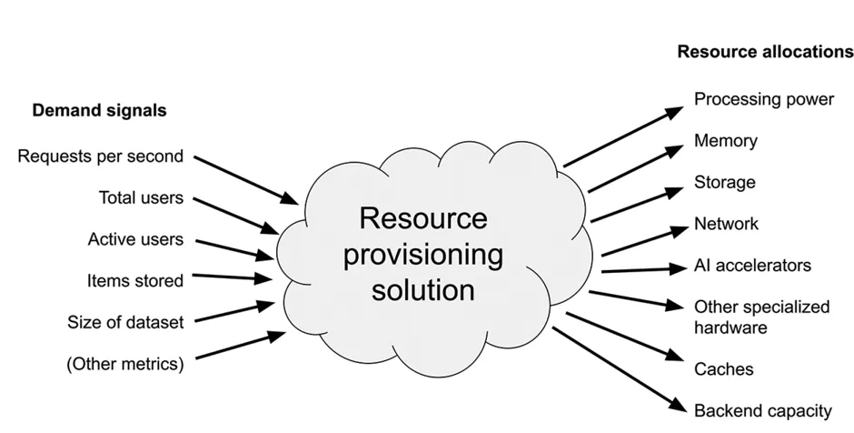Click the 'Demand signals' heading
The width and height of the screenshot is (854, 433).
pyautogui.click(x=100, y=111)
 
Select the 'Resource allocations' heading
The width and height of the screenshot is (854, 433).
pyautogui.click(x=765, y=52)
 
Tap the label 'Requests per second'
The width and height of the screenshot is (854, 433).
pyautogui.click(x=100, y=156)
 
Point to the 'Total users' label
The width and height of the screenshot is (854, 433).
pyautogui.click(x=141, y=196)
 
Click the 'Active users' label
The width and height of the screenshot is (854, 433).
pyautogui.click(x=135, y=239)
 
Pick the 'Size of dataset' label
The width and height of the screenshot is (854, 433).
pyautogui.click(x=125, y=322)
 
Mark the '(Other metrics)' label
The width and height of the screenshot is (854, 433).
pyautogui.click(x=124, y=364)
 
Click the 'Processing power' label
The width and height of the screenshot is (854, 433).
pyautogui.click(x=764, y=99)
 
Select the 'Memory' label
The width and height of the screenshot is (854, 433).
pyautogui.click(x=725, y=141)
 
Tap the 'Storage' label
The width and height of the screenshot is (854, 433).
pyautogui.click(x=724, y=182)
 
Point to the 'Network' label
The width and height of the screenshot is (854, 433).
pyautogui.click(x=726, y=223)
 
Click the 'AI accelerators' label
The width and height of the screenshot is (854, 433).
pyautogui.click(x=752, y=266)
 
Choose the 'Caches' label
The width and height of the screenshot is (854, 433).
pyautogui.click(x=723, y=369)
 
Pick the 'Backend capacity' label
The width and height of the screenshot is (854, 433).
pyautogui.click(x=762, y=411)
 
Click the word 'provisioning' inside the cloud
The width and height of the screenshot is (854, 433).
pyautogui.click(x=423, y=254)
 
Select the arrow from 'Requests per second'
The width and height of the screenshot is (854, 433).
pyautogui.click(x=247, y=177)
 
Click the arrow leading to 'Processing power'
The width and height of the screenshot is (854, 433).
pyautogui.click(x=623, y=136)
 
